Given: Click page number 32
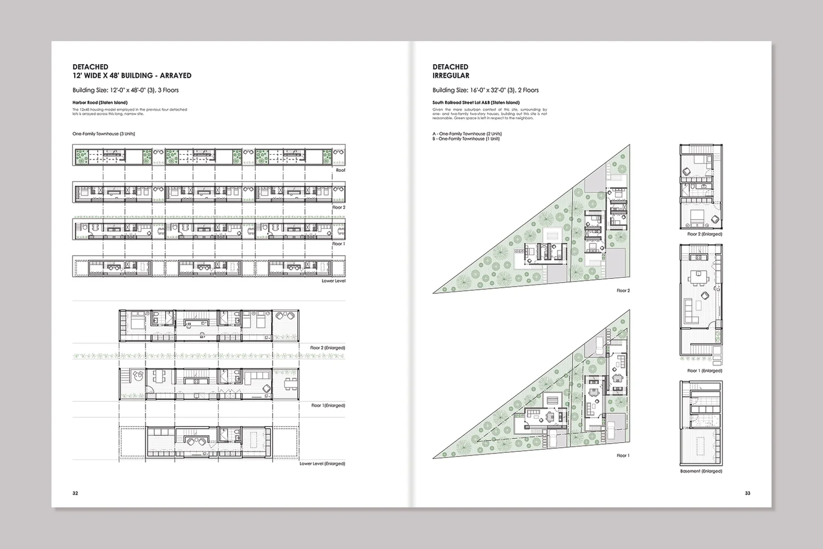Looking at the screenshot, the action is (x=75, y=493).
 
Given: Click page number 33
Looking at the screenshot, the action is (x=747, y=493).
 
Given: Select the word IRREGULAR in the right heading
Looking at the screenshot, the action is (x=450, y=76).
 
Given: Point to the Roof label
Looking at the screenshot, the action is (x=340, y=170).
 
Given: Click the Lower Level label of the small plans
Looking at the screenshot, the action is (x=333, y=281).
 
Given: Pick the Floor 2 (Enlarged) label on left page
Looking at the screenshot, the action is (x=327, y=348).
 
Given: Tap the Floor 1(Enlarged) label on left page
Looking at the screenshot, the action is (x=328, y=405).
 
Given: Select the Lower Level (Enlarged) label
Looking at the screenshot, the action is (x=322, y=463).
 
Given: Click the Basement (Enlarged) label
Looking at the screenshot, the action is (x=701, y=471).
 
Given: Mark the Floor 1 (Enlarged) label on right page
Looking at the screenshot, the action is (x=704, y=371).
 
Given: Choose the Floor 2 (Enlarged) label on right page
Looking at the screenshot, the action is (x=704, y=234).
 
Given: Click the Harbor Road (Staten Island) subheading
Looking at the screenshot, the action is (x=100, y=103).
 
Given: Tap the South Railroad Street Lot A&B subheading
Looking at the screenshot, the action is (x=476, y=103).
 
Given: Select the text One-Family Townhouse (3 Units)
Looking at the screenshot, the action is (x=104, y=133).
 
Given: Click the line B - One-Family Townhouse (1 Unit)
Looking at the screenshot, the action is (x=466, y=139).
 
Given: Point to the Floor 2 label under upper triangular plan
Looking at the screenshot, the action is (x=623, y=290).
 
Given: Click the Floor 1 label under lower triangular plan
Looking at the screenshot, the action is (x=623, y=455).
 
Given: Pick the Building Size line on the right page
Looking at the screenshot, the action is (x=485, y=90).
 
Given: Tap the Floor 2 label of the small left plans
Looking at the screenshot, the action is (x=339, y=208).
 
